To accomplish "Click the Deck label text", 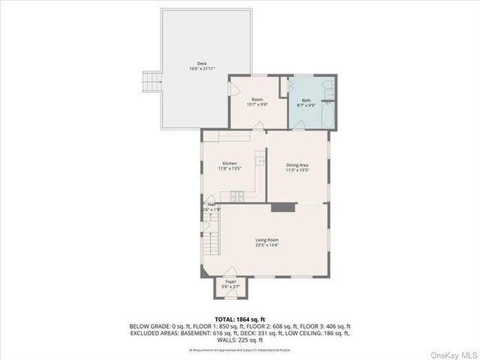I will (202, 63).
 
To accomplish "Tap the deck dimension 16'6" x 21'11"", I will (202, 69).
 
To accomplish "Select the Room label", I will (257, 100).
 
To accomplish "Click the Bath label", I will (306, 100).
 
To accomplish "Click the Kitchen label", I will (229, 163).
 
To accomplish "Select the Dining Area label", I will (298, 164).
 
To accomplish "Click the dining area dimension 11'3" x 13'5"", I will (298, 170).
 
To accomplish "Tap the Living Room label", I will (267, 240).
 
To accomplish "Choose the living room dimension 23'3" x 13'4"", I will (267, 246).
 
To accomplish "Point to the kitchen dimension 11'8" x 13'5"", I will (229, 169).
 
